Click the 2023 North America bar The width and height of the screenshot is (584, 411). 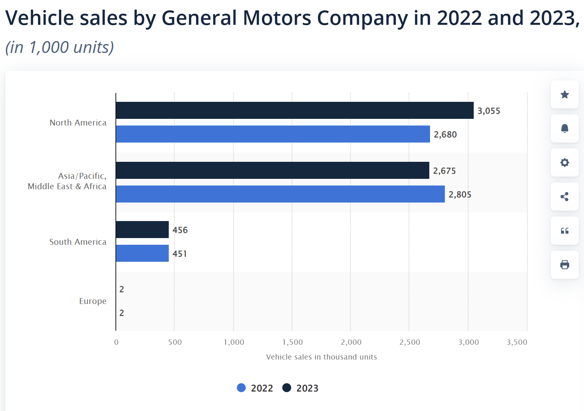coord(295,110)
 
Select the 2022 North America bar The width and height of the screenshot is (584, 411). coord(273,134)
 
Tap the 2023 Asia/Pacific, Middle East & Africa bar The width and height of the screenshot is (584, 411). coord(272,170)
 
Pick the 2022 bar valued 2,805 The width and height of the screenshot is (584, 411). coord(280,194)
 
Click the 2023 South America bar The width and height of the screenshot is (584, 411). coord(142,230)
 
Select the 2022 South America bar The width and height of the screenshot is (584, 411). coord(142,253)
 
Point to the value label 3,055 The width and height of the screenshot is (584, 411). coord(489,111)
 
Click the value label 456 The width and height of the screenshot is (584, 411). coord(180,230)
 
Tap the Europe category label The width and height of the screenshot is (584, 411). coord(93,301)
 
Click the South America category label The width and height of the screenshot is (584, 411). coord(78,242)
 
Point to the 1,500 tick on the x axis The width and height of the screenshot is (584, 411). coord(292,342)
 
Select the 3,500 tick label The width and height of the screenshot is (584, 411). coord(517,342)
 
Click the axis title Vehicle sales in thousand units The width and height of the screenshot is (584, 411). coord(321,357)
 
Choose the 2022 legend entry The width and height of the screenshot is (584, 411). coord(255,388)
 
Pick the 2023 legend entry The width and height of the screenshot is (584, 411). coord(300,388)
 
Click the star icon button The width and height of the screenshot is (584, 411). coord(564,94)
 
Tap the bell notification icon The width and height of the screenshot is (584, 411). coord(564,128)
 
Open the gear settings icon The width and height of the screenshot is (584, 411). coord(564,163)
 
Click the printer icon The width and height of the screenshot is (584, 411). coord(564,265)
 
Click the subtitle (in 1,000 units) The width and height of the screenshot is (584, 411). coord(60,47)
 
